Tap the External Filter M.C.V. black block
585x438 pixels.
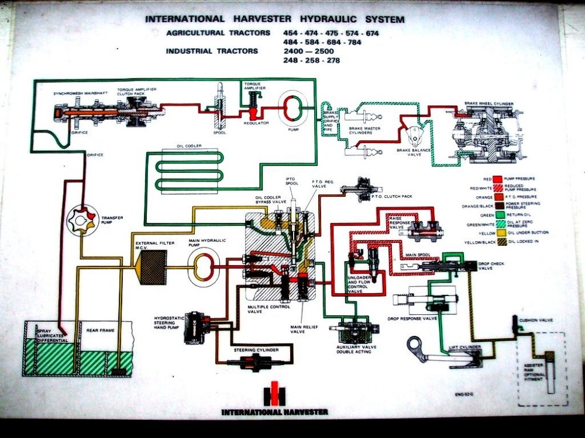151,267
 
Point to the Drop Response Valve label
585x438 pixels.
412,319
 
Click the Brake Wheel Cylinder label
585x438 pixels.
489,103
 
